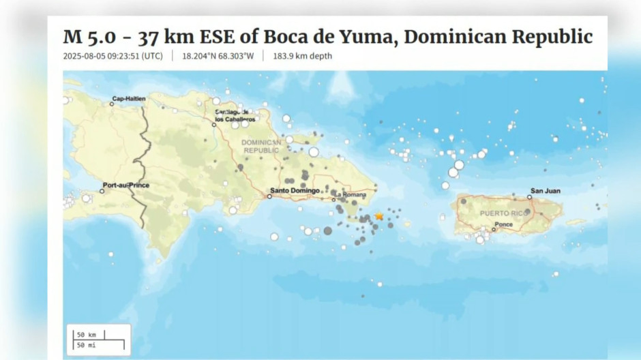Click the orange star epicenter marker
[x=379, y=216]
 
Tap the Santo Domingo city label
[x=295, y=190]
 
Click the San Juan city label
[x=546, y=191]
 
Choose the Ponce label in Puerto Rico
[x=504, y=224]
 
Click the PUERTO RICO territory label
[x=504, y=213]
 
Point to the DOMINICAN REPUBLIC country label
[x=260, y=146]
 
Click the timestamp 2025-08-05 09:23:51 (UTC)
[x=113, y=56]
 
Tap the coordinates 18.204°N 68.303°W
[x=218, y=56]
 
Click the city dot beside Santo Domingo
[x=269, y=196]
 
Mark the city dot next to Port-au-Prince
[x=102, y=191]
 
